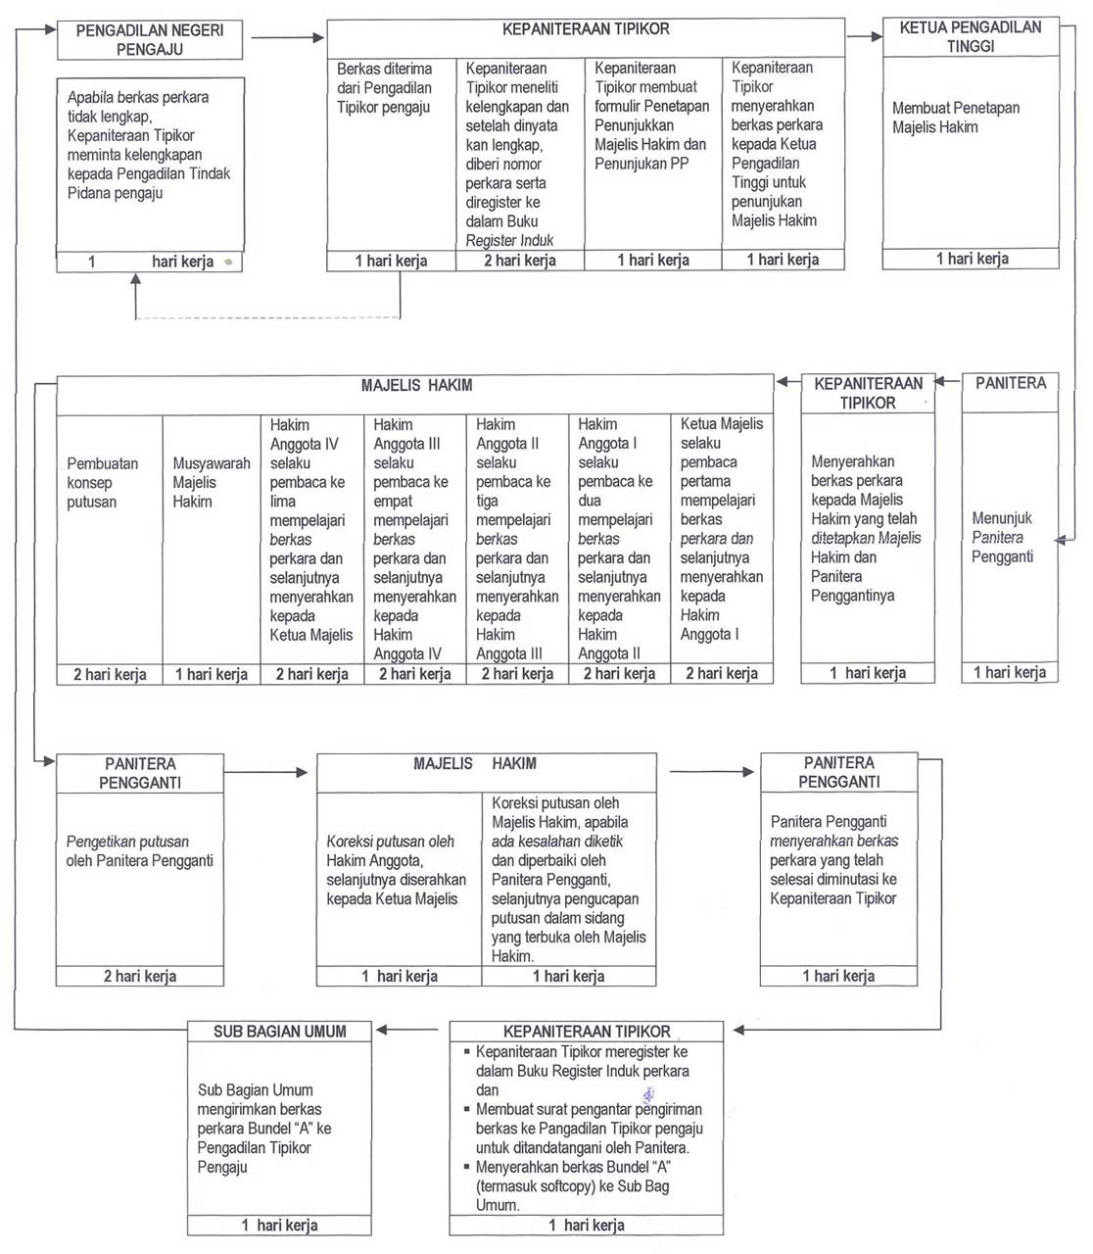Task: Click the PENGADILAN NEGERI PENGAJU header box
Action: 150,40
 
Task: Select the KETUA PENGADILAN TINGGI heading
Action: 970,37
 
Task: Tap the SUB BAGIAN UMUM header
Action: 280,1031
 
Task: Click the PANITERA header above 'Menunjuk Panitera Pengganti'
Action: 1010,383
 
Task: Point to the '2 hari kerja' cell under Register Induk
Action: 519,261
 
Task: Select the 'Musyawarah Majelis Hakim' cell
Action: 211,482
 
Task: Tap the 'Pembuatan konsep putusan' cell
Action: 103,482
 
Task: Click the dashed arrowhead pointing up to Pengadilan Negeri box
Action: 136,281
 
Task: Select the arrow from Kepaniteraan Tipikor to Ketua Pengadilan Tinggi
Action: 864,37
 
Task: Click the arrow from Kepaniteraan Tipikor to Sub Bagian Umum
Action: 407,1030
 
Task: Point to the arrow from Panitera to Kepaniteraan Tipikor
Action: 947,381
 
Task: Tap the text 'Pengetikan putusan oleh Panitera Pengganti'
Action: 139,851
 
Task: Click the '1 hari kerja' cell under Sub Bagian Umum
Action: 279,1225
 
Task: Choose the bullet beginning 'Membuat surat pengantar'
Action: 588,1128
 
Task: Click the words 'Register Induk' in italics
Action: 509,241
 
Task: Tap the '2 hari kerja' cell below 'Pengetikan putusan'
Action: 140,976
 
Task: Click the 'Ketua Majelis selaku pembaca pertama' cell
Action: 721,529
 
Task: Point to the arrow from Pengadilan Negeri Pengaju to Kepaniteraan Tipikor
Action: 287,38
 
